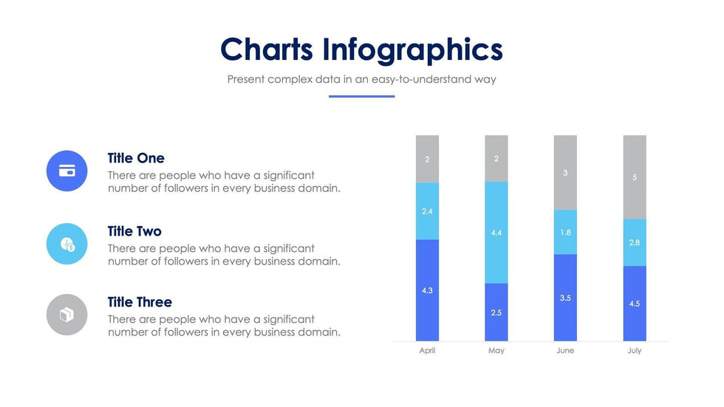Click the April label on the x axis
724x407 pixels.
tap(427, 350)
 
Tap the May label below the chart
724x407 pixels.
tap(496, 350)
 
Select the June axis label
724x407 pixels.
tap(565, 350)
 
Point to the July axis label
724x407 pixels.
tap(635, 350)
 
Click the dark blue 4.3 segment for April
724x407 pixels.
tap(427, 290)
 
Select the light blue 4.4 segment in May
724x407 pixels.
tap(496, 233)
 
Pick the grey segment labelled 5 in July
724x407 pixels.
tap(635, 177)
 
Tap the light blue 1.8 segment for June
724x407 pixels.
tap(565, 232)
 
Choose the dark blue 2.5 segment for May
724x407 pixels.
tap(496, 312)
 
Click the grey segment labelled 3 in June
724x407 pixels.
tap(565, 173)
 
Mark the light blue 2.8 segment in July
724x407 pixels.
tap(635, 242)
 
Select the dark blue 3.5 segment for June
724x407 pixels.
tap(565, 298)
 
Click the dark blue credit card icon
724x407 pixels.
tap(66, 171)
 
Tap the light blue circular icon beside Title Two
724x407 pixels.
tap(66, 244)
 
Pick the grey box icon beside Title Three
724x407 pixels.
tap(66, 315)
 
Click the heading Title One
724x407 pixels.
tap(136, 158)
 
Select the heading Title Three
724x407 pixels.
tap(140, 302)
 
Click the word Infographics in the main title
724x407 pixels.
tap(412, 49)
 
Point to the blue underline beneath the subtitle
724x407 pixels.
tap(361, 96)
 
